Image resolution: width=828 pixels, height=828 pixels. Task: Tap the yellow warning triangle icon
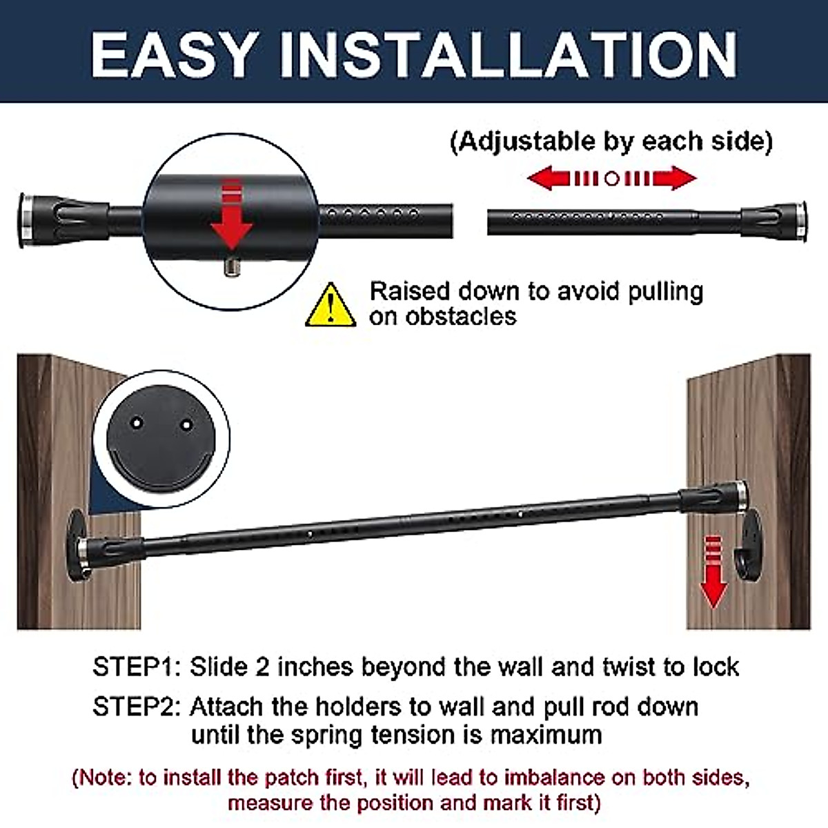click(331, 305)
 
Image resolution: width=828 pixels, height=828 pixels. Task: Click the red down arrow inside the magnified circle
click(232, 215)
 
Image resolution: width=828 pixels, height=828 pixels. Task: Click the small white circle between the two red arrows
click(612, 178)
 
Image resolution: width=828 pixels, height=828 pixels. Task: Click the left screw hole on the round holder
click(137, 420)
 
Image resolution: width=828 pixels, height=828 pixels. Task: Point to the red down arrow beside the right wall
click(713, 573)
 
